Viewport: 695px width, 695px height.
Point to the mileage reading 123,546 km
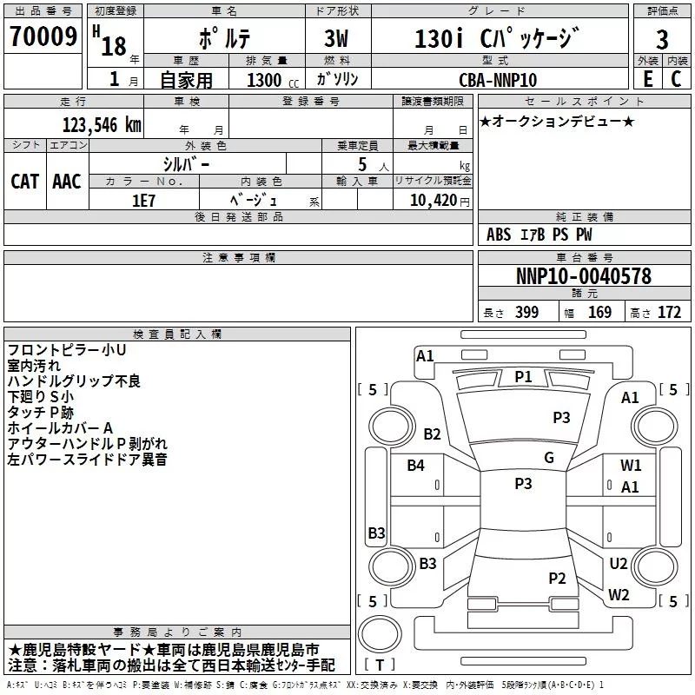(x=102, y=124)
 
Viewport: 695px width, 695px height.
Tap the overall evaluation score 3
(x=662, y=39)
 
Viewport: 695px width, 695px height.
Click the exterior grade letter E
(x=647, y=79)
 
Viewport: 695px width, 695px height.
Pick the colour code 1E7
(x=144, y=199)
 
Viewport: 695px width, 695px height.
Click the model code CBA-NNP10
(x=498, y=80)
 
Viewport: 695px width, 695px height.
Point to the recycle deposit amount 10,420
(x=433, y=200)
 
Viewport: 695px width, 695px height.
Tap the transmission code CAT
(x=25, y=181)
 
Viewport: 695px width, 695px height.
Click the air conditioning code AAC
(x=66, y=181)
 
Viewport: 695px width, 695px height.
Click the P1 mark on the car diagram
(x=523, y=376)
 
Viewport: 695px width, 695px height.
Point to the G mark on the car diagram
(x=548, y=458)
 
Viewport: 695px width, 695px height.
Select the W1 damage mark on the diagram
(x=631, y=466)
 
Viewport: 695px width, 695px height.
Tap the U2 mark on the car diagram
(x=619, y=563)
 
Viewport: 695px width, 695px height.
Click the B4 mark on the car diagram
(x=416, y=466)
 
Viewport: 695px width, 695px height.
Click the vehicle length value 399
(x=526, y=313)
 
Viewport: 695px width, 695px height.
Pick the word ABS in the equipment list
(x=499, y=235)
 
